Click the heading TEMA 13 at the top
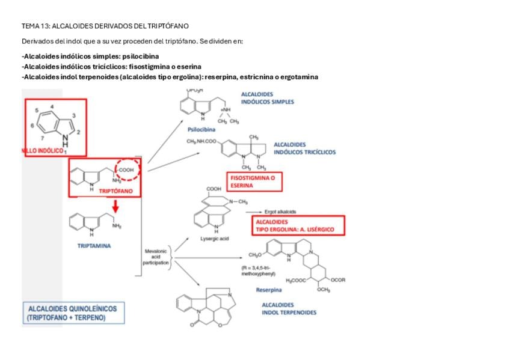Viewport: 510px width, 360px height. (x=105, y=26)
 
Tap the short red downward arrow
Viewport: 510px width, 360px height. (x=115, y=206)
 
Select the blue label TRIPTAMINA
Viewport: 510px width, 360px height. (x=94, y=245)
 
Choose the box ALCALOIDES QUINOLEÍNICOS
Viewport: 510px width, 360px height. (x=73, y=313)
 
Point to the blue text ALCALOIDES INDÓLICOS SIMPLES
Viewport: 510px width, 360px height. (x=268, y=98)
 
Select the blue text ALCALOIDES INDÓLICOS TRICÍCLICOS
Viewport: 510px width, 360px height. (x=304, y=148)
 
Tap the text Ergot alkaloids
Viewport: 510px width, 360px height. (x=280, y=212)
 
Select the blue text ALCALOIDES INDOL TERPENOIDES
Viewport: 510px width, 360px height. (x=289, y=308)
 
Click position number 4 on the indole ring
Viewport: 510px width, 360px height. (x=52, y=106)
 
